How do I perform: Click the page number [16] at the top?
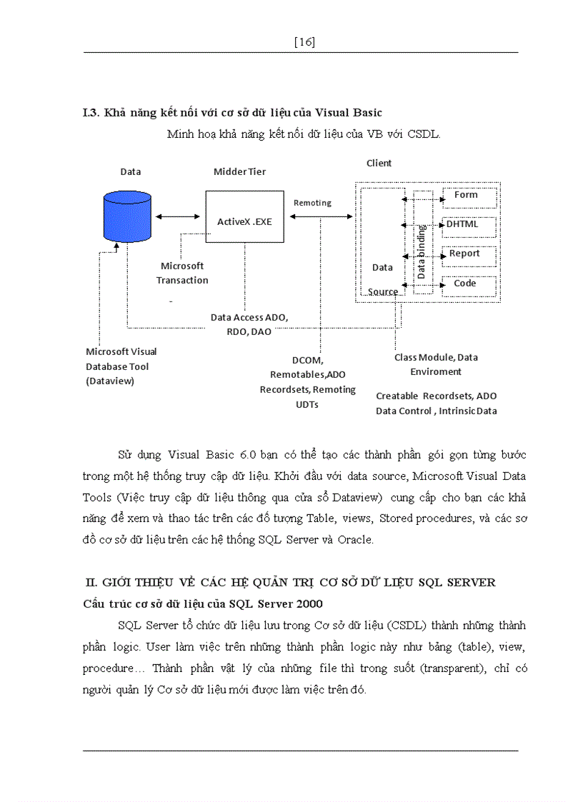click(x=304, y=42)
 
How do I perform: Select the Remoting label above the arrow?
click(x=312, y=203)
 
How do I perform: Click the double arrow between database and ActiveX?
click(x=178, y=216)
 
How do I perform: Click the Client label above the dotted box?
click(x=379, y=163)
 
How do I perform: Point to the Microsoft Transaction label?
click(x=182, y=273)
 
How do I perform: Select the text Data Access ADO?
click(x=249, y=316)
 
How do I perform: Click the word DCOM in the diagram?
click(x=307, y=361)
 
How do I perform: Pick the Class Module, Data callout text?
click(x=436, y=357)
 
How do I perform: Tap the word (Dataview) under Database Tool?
click(x=110, y=381)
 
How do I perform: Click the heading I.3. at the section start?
click(x=91, y=113)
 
